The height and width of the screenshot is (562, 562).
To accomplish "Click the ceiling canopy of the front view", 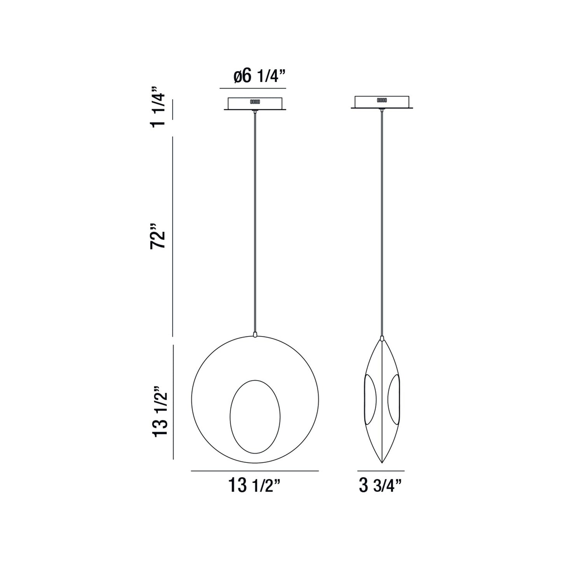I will pos(255,103).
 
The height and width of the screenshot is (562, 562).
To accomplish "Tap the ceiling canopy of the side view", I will pos(382,102).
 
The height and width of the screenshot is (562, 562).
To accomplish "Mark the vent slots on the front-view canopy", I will pos(255,102).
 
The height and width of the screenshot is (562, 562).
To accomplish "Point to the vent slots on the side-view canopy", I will pos(382,100).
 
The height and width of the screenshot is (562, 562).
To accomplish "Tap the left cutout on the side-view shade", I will pos(371,399).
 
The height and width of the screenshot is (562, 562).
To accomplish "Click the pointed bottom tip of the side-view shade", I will pos(382,462).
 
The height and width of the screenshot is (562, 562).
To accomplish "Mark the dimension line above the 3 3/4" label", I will pos(381,471).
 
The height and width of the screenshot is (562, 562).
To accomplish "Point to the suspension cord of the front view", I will pos(255,222).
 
